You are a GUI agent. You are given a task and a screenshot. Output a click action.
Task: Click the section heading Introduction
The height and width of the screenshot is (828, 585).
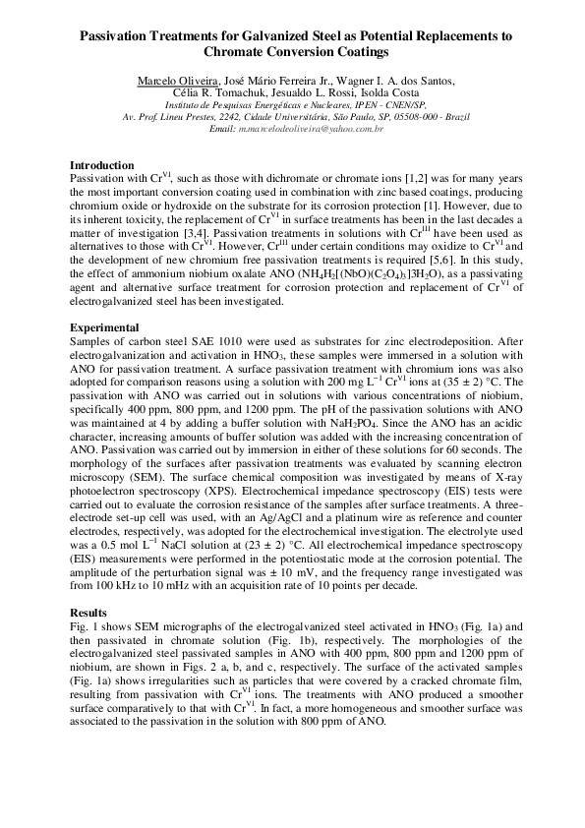tap(102, 165)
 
